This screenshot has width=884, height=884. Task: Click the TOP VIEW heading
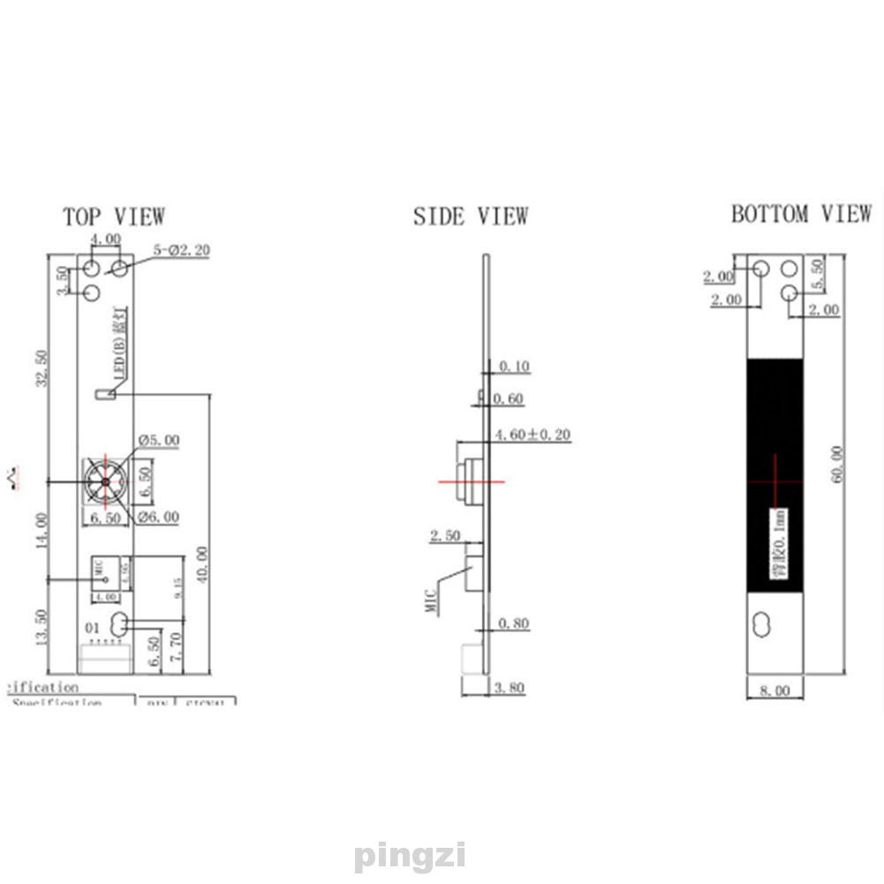pyautogui.click(x=113, y=215)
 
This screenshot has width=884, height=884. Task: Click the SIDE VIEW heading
pyautogui.click(x=471, y=215)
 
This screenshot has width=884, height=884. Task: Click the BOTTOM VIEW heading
pyautogui.click(x=800, y=214)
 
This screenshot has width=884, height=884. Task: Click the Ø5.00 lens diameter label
pyautogui.click(x=159, y=440)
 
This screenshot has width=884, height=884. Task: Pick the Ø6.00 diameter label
pyautogui.click(x=159, y=517)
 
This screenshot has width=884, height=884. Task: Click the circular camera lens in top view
pyautogui.click(x=105, y=482)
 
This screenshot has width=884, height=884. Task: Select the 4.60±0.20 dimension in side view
pyautogui.click(x=532, y=434)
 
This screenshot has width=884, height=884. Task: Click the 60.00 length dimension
pyautogui.click(x=838, y=463)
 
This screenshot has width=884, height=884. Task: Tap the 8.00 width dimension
pyautogui.click(x=774, y=691)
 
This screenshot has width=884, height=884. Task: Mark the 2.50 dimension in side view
pyautogui.click(x=445, y=536)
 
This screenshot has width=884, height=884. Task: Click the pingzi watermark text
pyautogui.click(x=409, y=856)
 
